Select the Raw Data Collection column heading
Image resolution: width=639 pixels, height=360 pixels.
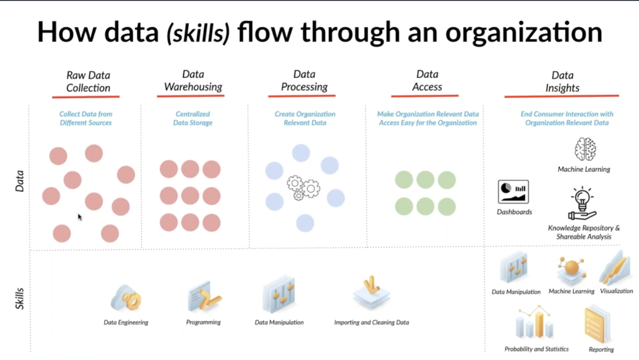pos(88,82)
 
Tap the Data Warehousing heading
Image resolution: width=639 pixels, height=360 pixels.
pos(193,81)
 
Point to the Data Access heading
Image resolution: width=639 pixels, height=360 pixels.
pos(427,81)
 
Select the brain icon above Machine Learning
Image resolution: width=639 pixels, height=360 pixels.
pos(585,149)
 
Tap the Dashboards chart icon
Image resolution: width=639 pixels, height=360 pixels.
pos(513,192)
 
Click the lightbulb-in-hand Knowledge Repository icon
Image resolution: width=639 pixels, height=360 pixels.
pos(582,203)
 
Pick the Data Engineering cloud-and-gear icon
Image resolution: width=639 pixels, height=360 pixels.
pos(126,298)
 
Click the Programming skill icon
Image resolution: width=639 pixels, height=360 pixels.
pos(204,296)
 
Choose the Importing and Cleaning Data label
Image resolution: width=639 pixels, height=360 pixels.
pos(371,322)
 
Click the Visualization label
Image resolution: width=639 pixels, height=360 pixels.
pos(616,291)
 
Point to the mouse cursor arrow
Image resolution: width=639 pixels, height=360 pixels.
pos(80,217)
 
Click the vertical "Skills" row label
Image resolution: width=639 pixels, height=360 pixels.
pos(19,298)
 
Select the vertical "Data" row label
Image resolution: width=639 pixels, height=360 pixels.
pos(19,181)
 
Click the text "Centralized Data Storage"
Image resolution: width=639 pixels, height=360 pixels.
pos(193,118)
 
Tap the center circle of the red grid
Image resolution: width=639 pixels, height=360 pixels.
pos(190,196)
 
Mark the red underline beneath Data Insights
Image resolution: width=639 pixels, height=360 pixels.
pos(562,96)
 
